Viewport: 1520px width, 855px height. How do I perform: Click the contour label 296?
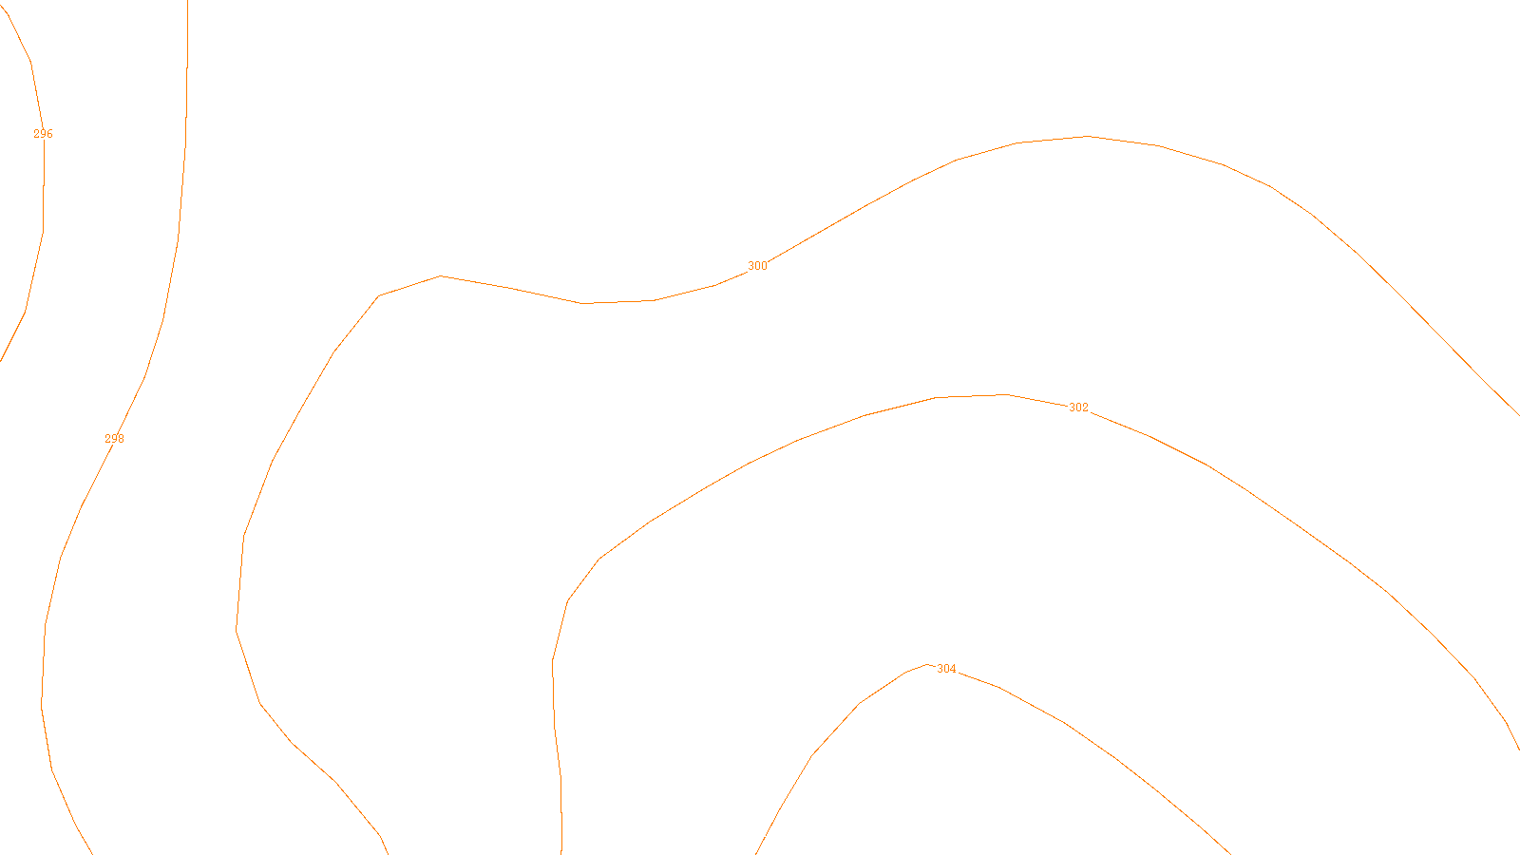[x=43, y=134]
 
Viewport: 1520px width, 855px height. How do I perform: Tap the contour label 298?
[x=114, y=439]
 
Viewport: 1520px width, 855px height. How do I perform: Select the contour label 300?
[x=757, y=266]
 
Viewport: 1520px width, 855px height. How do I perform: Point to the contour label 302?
[x=1078, y=408]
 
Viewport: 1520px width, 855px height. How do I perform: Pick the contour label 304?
[x=946, y=669]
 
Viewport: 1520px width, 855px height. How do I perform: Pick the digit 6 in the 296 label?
[x=49, y=134]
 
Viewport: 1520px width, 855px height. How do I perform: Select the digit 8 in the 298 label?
[x=121, y=439]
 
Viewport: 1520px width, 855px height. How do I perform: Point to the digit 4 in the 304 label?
[x=953, y=669]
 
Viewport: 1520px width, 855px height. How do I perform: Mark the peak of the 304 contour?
[x=927, y=664]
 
